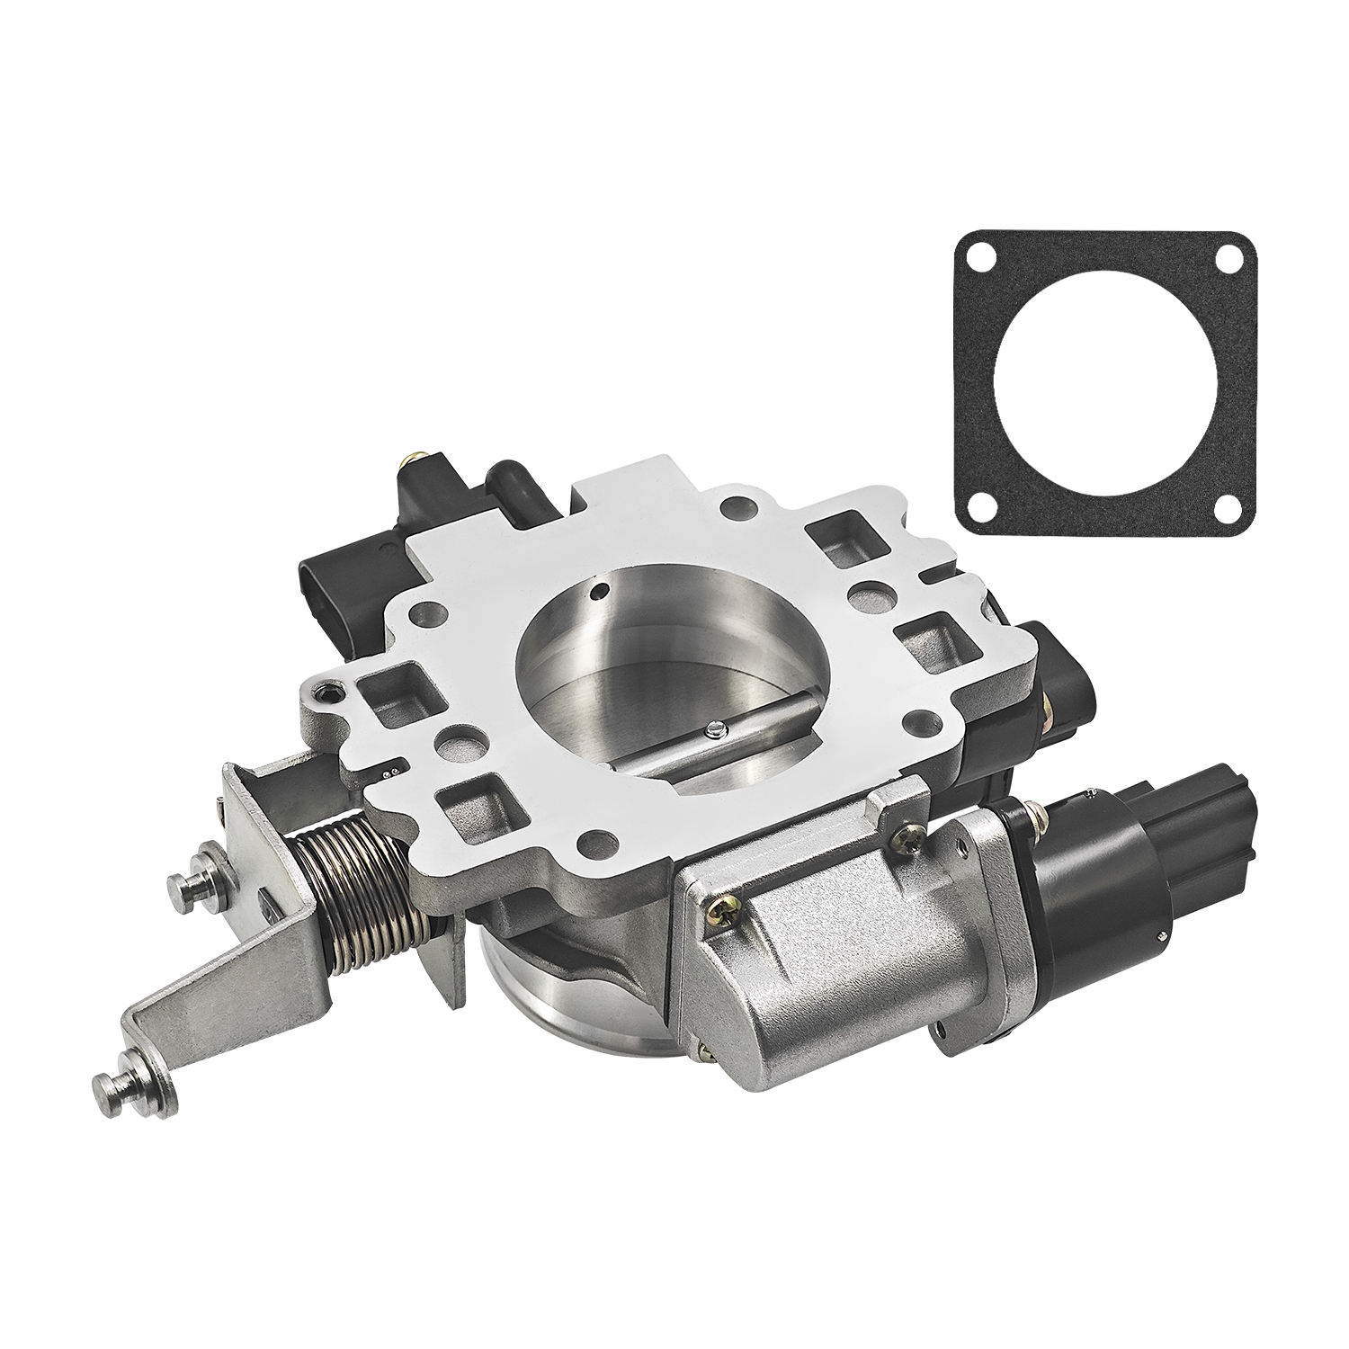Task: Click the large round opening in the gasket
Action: pyautogui.click(x=1105, y=384)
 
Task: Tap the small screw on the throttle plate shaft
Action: pyautogui.click(x=713, y=730)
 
